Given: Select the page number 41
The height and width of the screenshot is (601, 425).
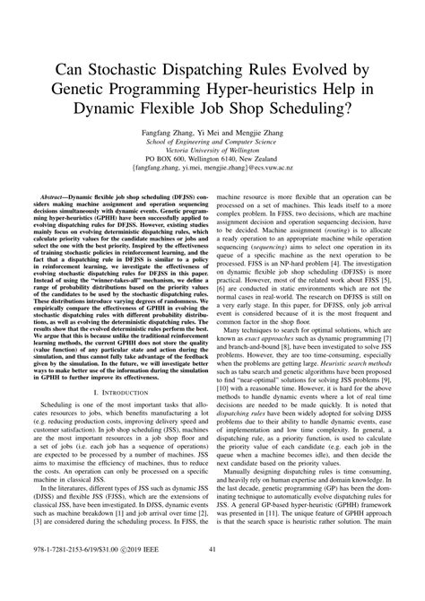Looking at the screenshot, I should tap(212, 575).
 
